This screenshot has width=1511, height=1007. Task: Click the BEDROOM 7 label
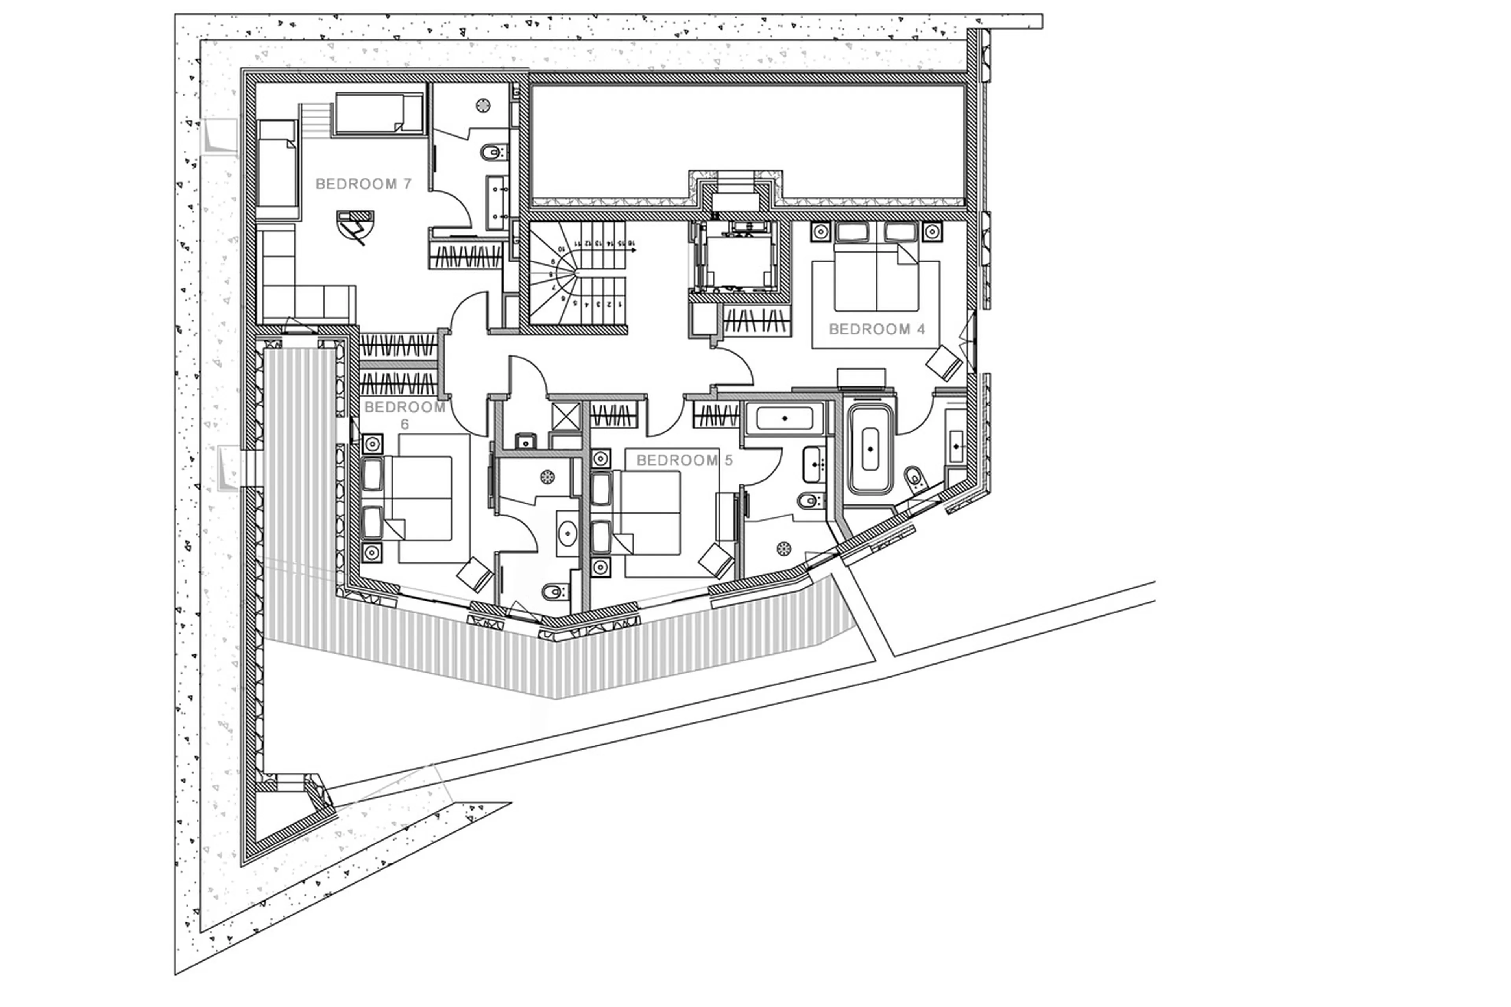point(364,184)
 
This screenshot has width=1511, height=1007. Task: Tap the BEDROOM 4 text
point(877,329)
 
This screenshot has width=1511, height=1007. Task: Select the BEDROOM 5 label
point(684,460)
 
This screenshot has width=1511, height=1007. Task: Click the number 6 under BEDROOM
point(405,425)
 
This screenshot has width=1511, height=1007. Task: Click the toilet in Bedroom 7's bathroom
point(491,152)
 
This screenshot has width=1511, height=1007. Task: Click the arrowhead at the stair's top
point(634,251)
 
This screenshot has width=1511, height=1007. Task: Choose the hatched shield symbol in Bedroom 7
point(355,226)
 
